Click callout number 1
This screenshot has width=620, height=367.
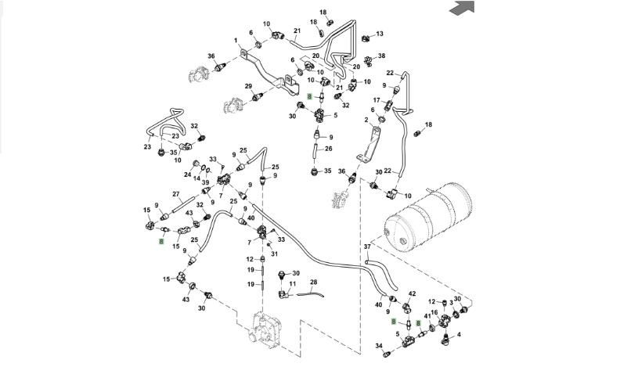(x=236, y=41)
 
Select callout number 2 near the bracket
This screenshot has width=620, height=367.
(x=366, y=121)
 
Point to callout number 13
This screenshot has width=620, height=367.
(x=380, y=34)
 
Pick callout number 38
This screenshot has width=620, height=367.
(x=382, y=56)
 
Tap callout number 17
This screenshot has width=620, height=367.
(x=377, y=100)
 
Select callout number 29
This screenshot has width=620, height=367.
(x=248, y=86)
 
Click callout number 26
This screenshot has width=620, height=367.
(x=329, y=149)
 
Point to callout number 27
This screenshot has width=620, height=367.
(x=176, y=194)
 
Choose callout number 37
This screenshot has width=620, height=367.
(x=366, y=247)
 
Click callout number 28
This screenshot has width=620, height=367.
(x=313, y=282)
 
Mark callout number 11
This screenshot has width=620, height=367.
(x=293, y=283)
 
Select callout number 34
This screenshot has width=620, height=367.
(x=378, y=345)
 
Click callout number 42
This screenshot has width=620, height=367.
(x=412, y=293)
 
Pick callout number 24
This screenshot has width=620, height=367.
(x=188, y=175)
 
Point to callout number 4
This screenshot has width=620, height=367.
(x=458, y=334)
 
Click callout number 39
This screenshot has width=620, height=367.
(x=205, y=182)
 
